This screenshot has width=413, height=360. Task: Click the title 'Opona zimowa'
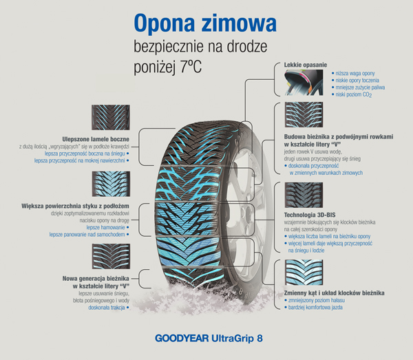(205, 23)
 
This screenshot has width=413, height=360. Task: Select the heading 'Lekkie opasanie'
(306, 65)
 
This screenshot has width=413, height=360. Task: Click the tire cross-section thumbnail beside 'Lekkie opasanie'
(304, 83)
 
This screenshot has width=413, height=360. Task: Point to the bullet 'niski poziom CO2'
(352, 94)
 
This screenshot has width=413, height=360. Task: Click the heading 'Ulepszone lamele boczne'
(96, 139)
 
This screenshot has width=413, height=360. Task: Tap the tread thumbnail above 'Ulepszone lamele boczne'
(111, 117)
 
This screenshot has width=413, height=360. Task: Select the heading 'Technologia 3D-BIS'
(310, 215)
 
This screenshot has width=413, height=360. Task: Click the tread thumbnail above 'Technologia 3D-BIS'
(304, 195)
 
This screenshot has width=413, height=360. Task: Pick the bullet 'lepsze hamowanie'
(108, 227)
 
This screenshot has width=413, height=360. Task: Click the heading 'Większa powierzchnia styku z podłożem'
(75, 206)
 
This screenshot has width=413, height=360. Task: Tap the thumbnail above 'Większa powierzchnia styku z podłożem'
(111, 184)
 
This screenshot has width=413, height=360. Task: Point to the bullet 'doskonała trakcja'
(109, 308)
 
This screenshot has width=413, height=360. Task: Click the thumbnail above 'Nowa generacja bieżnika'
(111, 256)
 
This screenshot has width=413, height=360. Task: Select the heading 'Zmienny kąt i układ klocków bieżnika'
(334, 293)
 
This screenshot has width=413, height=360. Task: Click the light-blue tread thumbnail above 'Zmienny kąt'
(304, 273)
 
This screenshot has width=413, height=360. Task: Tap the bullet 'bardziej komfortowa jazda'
(313, 307)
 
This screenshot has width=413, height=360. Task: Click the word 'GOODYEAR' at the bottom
(182, 338)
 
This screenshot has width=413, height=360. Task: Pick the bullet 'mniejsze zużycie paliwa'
(358, 87)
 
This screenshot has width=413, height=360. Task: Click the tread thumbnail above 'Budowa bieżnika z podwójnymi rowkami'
(304, 115)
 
